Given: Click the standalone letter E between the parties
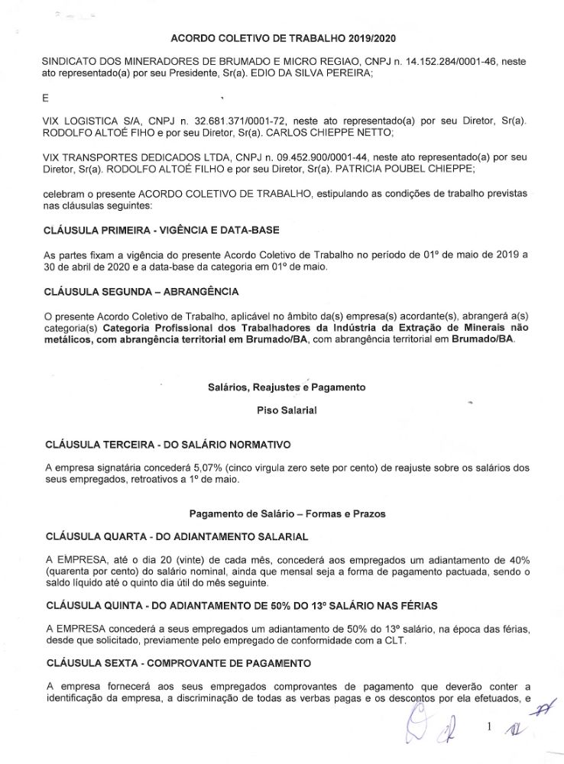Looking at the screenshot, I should click(46, 97).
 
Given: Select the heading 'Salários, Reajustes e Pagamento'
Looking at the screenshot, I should click(287, 387).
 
